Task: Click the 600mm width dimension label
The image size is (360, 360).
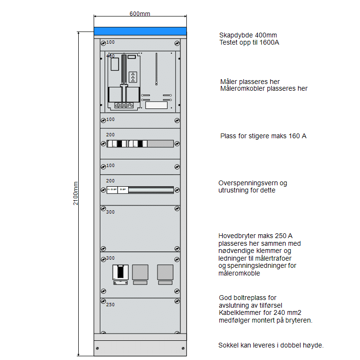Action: point(140,13)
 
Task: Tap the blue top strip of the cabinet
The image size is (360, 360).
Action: point(140,32)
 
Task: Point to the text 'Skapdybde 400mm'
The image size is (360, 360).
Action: point(248,35)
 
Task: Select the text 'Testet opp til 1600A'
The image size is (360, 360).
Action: point(249,42)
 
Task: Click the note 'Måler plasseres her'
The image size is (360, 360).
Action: point(250,82)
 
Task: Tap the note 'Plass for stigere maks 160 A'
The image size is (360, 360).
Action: point(263,136)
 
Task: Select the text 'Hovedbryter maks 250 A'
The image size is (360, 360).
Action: point(255,235)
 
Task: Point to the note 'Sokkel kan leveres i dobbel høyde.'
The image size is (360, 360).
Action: point(271,345)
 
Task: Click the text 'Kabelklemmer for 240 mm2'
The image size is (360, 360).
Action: point(260,312)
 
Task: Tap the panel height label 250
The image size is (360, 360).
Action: point(110,304)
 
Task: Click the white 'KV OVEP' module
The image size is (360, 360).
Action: point(112,190)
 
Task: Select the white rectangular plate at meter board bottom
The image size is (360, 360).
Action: point(156,105)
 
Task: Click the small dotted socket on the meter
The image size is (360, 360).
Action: point(133,77)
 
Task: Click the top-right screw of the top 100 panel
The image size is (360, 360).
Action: point(177,43)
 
